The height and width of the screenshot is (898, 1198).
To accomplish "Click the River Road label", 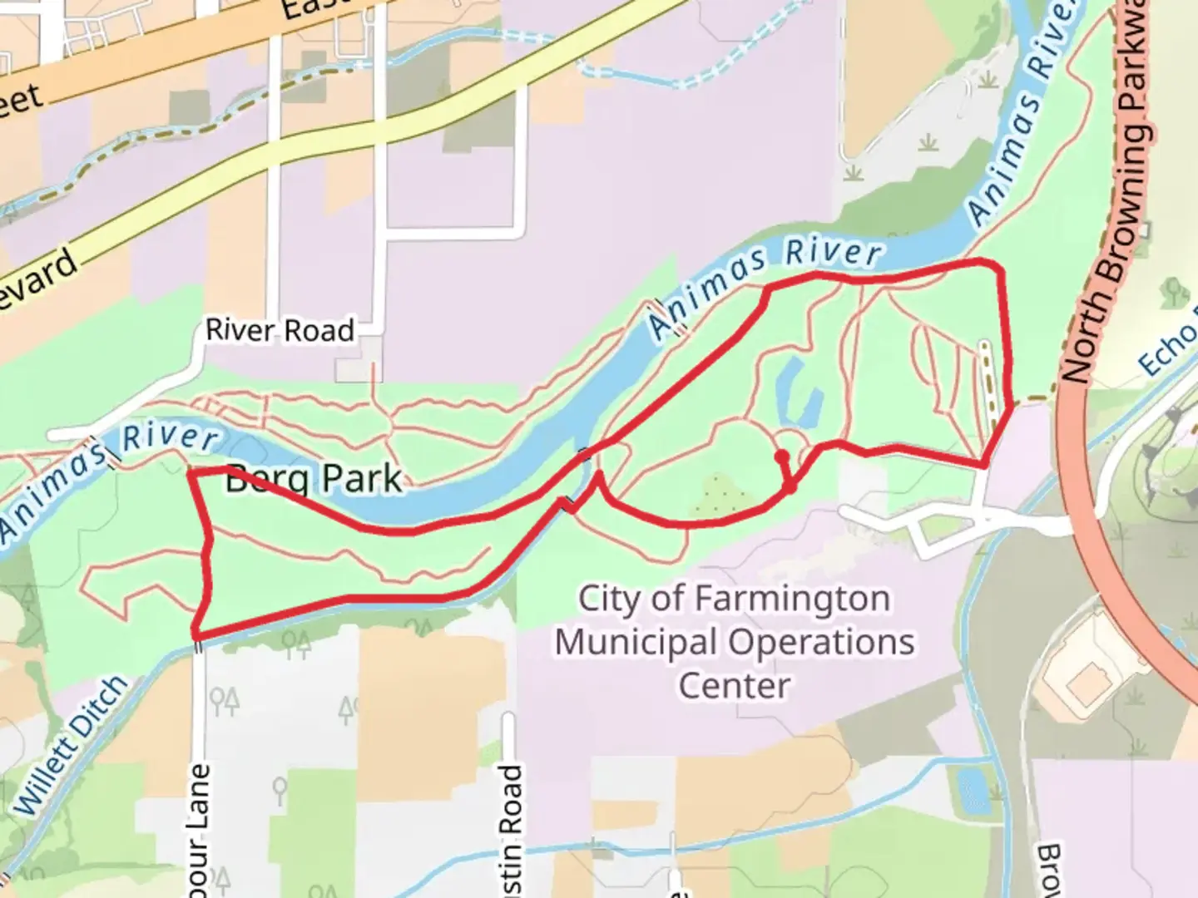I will [x=280, y=330].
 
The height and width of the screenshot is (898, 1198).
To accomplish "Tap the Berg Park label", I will [x=314, y=479].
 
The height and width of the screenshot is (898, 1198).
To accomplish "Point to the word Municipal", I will [x=636, y=643].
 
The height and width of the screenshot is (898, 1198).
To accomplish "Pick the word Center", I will [x=734, y=686].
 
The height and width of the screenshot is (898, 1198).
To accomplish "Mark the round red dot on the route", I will [x=781, y=456].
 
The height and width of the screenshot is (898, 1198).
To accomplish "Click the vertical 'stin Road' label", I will [x=509, y=823].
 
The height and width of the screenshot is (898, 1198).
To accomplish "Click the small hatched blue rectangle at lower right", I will [x=968, y=790].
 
